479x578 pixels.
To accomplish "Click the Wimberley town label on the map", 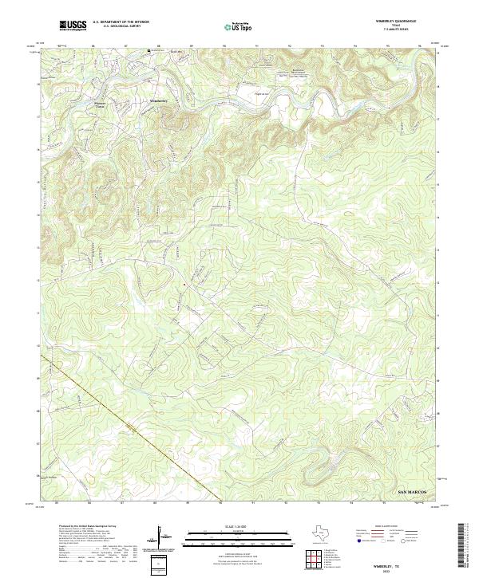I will pos(160,101).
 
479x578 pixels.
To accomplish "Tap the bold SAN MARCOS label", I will pos(414,495).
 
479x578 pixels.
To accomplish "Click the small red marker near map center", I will pos(184,284).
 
